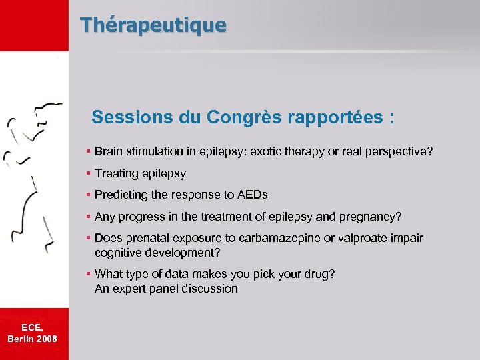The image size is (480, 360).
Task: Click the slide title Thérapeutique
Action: coord(153,25)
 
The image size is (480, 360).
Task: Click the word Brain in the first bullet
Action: coord(108,152)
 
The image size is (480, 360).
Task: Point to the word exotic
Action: coord(266,152)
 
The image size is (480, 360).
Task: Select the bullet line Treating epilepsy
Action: coord(140,173)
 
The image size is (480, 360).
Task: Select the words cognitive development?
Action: coord(157,253)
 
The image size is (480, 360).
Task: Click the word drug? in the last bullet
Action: coord(320,274)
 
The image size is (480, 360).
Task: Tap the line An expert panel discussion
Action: coord(166,289)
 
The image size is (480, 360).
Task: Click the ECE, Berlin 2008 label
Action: coord(33,333)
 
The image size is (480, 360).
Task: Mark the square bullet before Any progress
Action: coord(89,217)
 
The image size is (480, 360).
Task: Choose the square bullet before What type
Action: coord(89,274)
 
